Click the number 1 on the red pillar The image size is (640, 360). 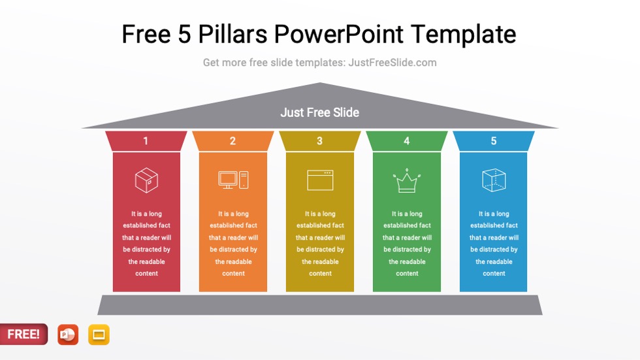pyautogui.click(x=146, y=141)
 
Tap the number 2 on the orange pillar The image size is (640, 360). pyautogui.click(x=232, y=141)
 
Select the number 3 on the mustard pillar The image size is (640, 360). pyautogui.click(x=319, y=141)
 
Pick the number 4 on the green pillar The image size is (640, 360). pyautogui.click(x=406, y=141)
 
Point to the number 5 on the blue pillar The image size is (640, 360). pyautogui.click(x=493, y=141)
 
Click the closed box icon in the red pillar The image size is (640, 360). pyautogui.click(x=146, y=180)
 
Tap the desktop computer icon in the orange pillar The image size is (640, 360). pyautogui.click(x=233, y=180)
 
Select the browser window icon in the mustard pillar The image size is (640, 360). pyautogui.click(x=320, y=180)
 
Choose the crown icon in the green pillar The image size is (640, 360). pyautogui.click(x=407, y=181)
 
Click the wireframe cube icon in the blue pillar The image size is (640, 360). pyautogui.click(x=494, y=180)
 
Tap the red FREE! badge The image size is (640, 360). pyautogui.click(x=24, y=334)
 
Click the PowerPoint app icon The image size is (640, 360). pyautogui.click(x=67, y=335)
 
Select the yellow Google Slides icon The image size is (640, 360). pyautogui.click(x=99, y=335)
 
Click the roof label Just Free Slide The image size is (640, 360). pyautogui.click(x=320, y=112)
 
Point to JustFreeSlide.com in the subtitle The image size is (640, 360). pyautogui.click(x=392, y=63)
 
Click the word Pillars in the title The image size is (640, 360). pyautogui.click(x=231, y=34)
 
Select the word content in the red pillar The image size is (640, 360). pyautogui.click(x=146, y=274)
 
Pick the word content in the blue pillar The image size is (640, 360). pyautogui.click(x=494, y=274)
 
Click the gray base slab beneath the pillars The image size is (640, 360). pyautogui.click(x=320, y=304)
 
